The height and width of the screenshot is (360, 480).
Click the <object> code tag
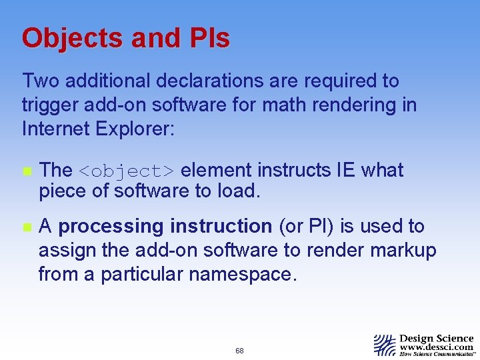tap(127, 171)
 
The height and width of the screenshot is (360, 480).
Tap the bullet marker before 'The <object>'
tap(26, 171)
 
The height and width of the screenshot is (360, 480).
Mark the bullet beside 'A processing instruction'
tap(26, 227)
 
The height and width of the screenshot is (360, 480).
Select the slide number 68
tap(239, 351)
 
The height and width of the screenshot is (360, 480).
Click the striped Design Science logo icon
tap(385, 345)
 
